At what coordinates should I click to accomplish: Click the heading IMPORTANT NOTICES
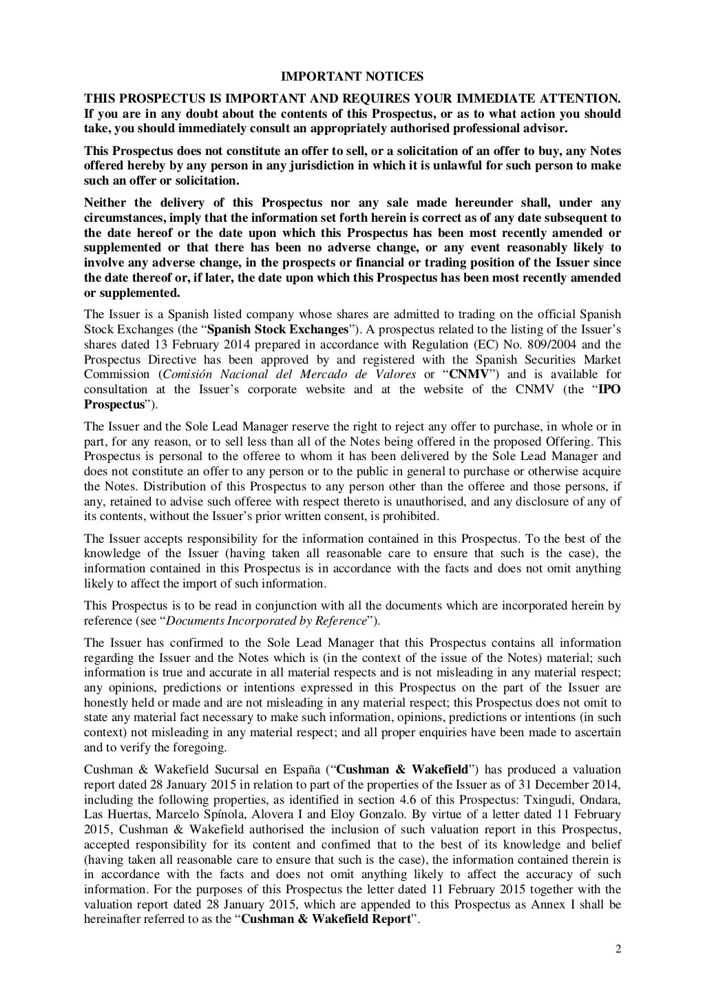coord(352,76)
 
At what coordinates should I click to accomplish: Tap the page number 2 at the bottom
coord(618,949)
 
